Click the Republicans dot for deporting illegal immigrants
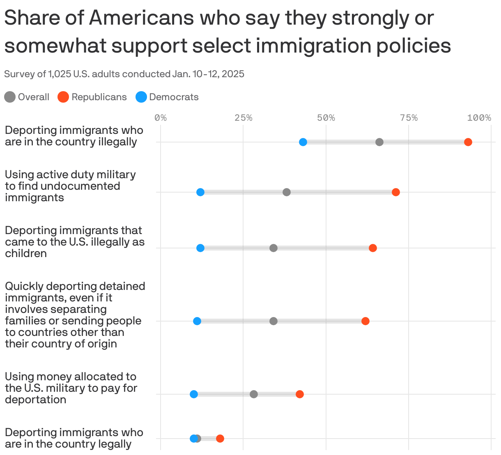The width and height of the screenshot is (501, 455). [468, 142]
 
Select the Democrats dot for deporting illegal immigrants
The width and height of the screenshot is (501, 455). [303, 142]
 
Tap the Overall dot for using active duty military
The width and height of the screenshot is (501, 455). [287, 192]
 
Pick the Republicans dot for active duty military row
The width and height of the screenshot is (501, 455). [396, 192]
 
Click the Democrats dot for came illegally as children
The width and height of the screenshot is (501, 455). [200, 248]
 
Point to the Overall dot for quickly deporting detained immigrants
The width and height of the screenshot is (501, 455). [273, 321]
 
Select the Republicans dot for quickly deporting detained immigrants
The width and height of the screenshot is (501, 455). [365, 321]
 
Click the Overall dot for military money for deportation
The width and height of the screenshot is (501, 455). [254, 394]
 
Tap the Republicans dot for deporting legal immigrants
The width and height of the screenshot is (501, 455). [220, 439]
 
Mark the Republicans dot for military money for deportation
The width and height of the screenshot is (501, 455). [300, 394]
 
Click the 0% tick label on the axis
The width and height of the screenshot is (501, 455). [161, 118]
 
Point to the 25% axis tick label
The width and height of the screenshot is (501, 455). [243, 118]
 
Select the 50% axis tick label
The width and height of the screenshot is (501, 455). [326, 118]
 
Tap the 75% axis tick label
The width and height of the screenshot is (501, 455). [409, 118]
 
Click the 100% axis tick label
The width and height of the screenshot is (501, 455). [479, 118]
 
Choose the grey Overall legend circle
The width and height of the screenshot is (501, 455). [10, 97]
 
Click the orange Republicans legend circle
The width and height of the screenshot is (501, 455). [63, 97]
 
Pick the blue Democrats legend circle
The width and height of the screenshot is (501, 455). [141, 97]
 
